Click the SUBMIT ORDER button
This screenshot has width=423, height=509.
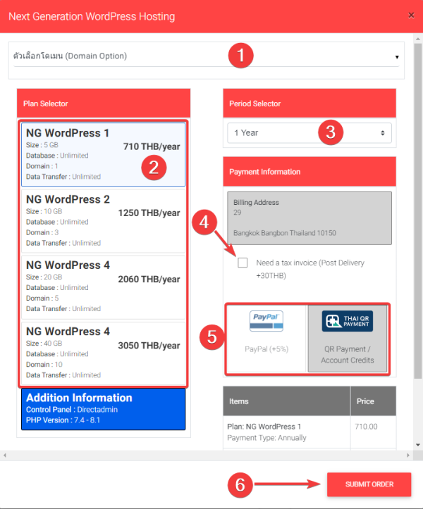[x=369, y=484]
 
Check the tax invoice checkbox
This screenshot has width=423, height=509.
[x=243, y=263]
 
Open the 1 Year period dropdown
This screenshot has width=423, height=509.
[x=309, y=132]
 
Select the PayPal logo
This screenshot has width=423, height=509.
[x=266, y=321]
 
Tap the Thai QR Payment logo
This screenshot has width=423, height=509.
[x=348, y=321]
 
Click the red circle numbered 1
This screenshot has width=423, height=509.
[x=241, y=56]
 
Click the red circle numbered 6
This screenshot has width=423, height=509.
[x=240, y=484]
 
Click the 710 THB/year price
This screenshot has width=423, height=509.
[x=151, y=147]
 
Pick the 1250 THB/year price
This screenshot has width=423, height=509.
[x=149, y=213]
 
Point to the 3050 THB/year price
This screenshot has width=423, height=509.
[x=149, y=346]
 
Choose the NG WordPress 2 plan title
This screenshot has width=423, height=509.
[x=68, y=199]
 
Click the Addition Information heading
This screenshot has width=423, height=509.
[x=79, y=398]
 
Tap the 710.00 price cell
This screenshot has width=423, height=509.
[x=366, y=427]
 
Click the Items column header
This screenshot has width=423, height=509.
[x=240, y=401]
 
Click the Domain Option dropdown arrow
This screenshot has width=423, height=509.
[x=397, y=56]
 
